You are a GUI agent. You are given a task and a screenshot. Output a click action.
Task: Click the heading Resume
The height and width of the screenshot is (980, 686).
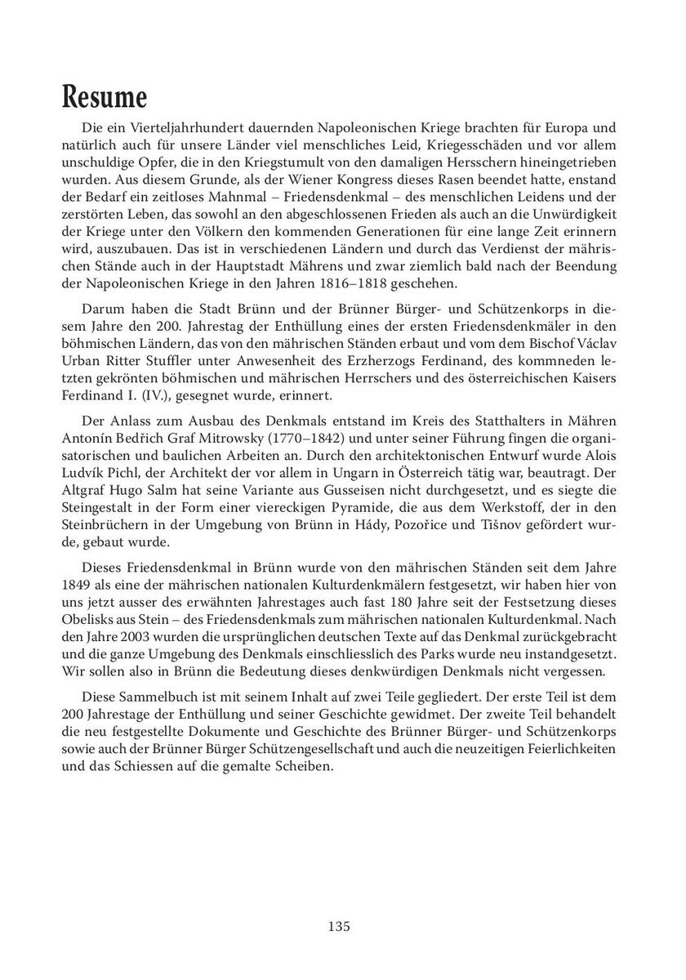[x=105, y=97]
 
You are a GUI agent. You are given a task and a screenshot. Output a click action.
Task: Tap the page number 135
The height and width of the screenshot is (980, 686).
[x=339, y=926]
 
